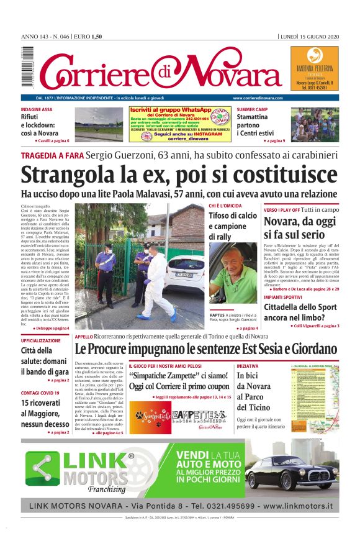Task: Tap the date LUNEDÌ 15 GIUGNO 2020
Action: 310,36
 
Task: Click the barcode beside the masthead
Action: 27,68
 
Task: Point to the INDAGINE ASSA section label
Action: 37,109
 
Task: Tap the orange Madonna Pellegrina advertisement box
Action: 315,68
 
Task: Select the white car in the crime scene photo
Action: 186,273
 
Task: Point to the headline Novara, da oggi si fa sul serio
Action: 301,228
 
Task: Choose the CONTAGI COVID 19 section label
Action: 40,393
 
